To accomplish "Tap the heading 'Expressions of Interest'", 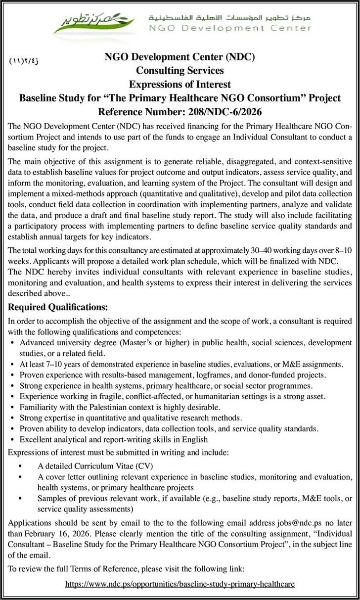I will click(180, 85).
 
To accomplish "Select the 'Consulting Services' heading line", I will click(180, 71).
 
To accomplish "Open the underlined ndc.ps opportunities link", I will click(180, 584).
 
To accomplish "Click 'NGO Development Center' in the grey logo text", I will click(230, 28).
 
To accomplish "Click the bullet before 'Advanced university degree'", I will click(12, 343).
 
